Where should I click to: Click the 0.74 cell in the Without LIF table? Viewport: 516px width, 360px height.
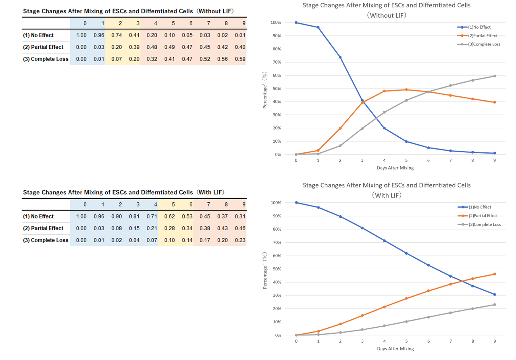(117, 35)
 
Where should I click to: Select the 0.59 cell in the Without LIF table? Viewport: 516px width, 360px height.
(240, 59)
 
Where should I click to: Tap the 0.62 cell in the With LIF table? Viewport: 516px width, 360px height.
(169, 216)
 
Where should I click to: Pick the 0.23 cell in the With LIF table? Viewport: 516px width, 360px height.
(240, 240)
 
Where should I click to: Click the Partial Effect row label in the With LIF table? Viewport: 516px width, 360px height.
(43, 228)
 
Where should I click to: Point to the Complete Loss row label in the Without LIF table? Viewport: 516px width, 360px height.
(46, 59)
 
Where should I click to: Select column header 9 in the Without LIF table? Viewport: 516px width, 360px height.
(243, 23)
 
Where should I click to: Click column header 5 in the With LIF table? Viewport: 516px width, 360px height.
(173, 204)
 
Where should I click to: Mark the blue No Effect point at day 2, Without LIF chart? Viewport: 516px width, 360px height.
(340, 57)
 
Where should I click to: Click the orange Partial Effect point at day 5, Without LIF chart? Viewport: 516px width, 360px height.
(406, 89)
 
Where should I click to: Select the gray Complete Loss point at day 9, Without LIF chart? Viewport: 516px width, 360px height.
(495, 76)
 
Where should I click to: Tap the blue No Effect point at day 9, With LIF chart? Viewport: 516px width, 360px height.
(495, 294)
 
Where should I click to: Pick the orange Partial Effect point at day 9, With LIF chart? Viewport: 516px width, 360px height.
(495, 274)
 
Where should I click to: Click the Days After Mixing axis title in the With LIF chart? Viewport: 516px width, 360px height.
(395, 349)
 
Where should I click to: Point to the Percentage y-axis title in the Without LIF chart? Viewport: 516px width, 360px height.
(265, 90)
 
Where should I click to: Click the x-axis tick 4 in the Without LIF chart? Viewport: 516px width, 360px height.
(384, 160)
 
